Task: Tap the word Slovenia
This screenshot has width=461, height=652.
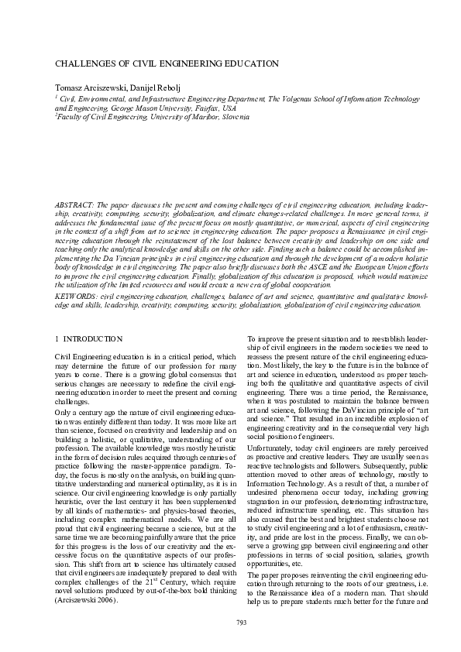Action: [233, 117]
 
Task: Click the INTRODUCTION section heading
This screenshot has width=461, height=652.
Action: [94, 339]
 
